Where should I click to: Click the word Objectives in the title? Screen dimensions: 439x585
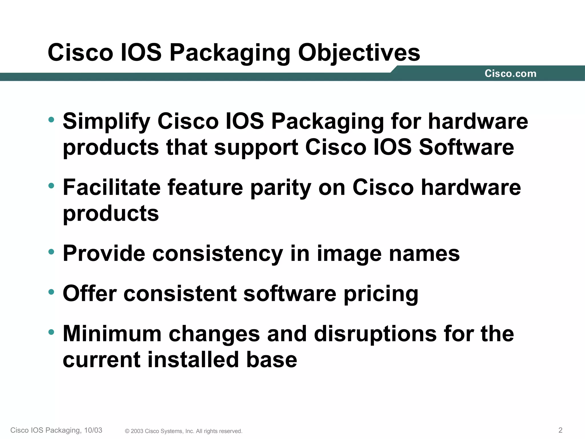[x=359, y=53]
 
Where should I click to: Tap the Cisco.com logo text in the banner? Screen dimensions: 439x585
[x=510, y=74]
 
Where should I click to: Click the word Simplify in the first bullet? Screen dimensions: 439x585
[x=106, y=121]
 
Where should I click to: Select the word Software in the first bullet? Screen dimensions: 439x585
[x=466, y=147]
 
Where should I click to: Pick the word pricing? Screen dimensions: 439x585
[x=381, y=294]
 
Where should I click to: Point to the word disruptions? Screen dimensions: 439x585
[x=375, y=334]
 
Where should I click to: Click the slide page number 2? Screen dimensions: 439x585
[x=560, y=430]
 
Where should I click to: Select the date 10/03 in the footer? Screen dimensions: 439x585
[x=93, y=430]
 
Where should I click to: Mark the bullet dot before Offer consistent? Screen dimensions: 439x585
[x=51, y=292]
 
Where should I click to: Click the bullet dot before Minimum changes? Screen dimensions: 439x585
[x=51, y=332]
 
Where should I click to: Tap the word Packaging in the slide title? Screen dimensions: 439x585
[x=230, y=53]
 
